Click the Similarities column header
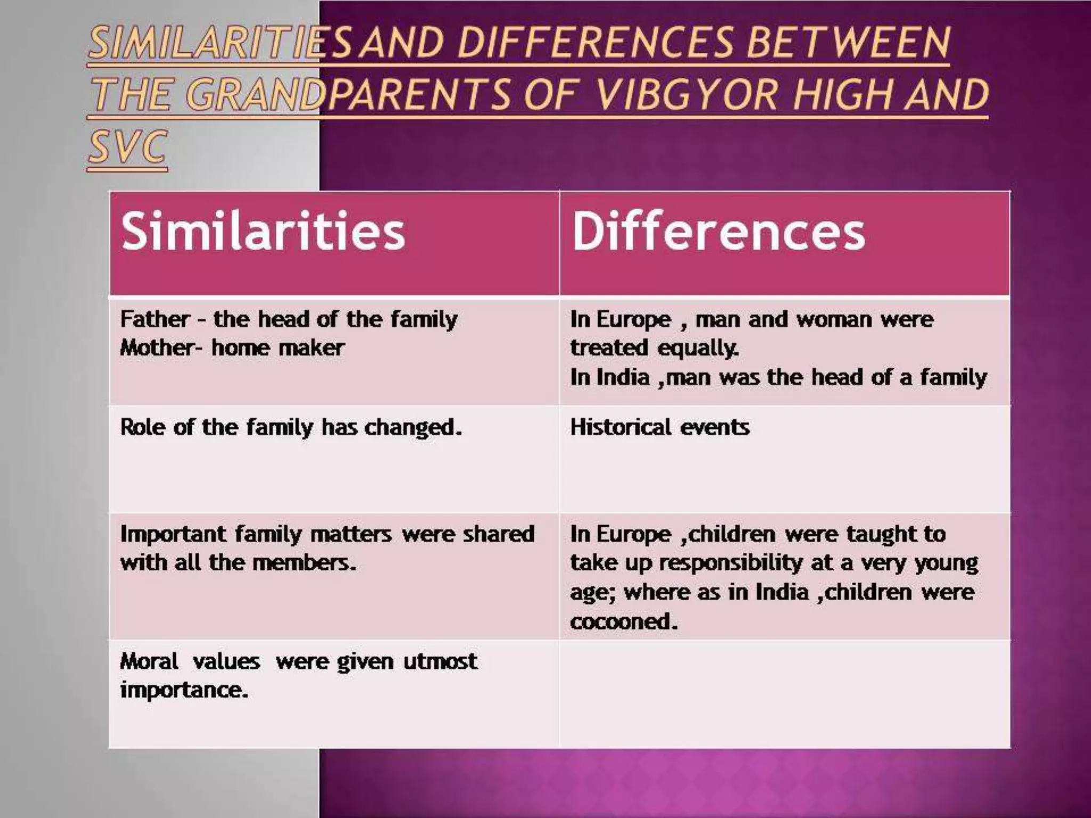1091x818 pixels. click(263, 231)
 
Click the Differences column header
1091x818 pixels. click(718, 231)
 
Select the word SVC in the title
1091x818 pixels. click(128, 146)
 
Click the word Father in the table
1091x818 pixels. click(154, 320)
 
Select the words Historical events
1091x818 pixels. click(660, 427)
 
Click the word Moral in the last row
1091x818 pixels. click(149, 661)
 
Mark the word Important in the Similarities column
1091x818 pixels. click(173, 534)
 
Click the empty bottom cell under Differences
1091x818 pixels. click(784, 693)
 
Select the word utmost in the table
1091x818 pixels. click(440, 661)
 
